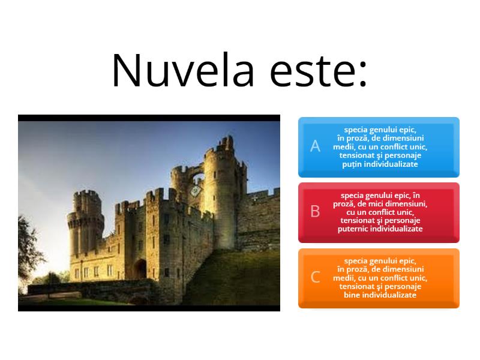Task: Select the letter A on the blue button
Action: click(x=315, y=146)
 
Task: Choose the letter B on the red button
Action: click(x=315, y=211)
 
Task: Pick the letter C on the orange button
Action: click(x=315, y=277)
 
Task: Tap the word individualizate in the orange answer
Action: click(x=389, y=295)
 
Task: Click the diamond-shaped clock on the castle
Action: click(x=195, y=191)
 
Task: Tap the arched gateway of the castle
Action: click(x=139, y=268)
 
